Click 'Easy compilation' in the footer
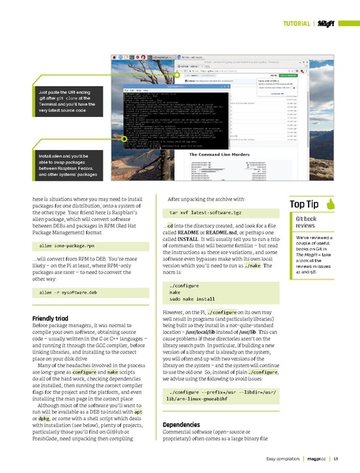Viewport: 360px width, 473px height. click(x=282, y=458)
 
